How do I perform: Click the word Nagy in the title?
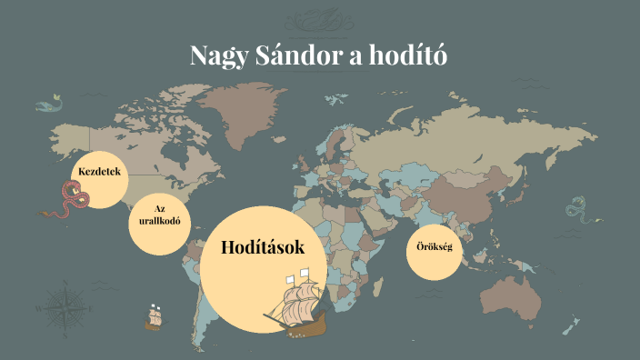click(215, 56)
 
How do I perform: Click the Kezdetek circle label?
click(99, 172)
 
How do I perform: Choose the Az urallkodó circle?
click(159, 215)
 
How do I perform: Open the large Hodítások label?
click(263, 246)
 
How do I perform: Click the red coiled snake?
click(70, 198)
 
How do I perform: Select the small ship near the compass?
click(154, 317)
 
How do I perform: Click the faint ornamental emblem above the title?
click(319, 15)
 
